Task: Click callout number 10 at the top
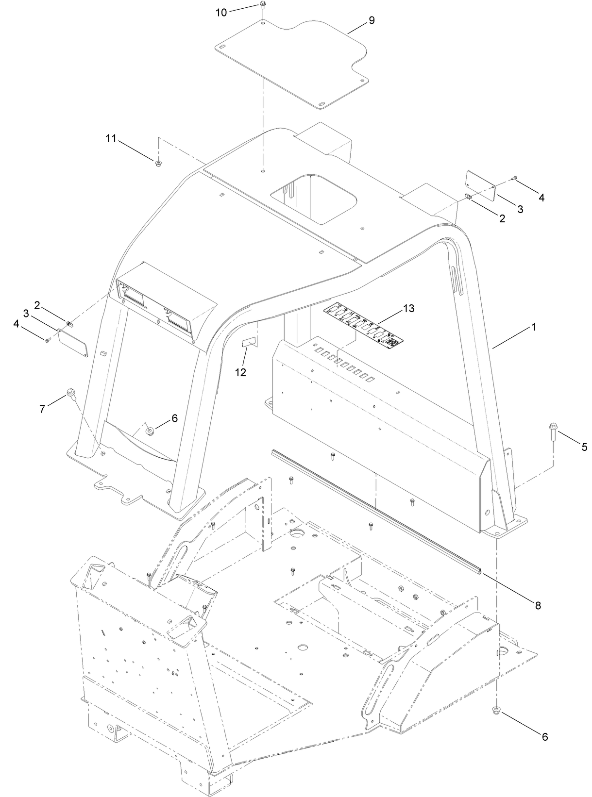pos(221,13)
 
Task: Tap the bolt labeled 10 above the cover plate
pos(262,5)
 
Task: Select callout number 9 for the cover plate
pos(372,20)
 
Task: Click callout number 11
pos(111,138)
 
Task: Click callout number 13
pos(409,308)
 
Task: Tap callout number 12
pos(240,373)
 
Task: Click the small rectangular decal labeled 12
pos(248,344)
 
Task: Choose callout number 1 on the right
pos(533,327)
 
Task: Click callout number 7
pos(42,409)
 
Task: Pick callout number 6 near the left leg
pos(174,418)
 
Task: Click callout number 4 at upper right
pos(541,198)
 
